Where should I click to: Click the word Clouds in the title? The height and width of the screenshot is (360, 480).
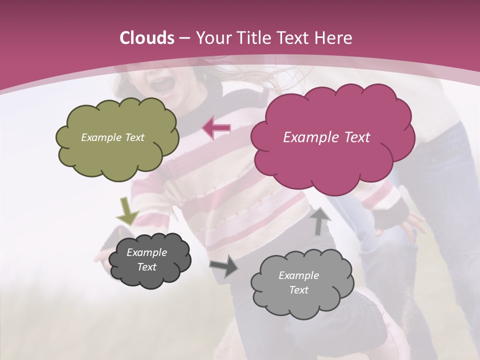(x=147, y=38)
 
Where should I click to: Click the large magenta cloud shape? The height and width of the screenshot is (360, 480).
(x=332, y=160)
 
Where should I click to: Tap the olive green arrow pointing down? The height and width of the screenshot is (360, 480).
(x=128, y=211)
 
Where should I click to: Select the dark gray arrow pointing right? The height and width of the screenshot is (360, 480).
(x=224, y=266)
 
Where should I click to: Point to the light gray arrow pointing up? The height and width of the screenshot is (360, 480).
(x=320, y=220)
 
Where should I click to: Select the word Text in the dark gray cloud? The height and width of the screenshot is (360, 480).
(x=146, y=267)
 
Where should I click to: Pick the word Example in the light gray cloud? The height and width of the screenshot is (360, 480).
(x=298, y=275)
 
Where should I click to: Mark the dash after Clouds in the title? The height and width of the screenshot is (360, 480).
(x=183, y=38)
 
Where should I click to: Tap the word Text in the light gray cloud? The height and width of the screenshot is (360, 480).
(x=298, y=290)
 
